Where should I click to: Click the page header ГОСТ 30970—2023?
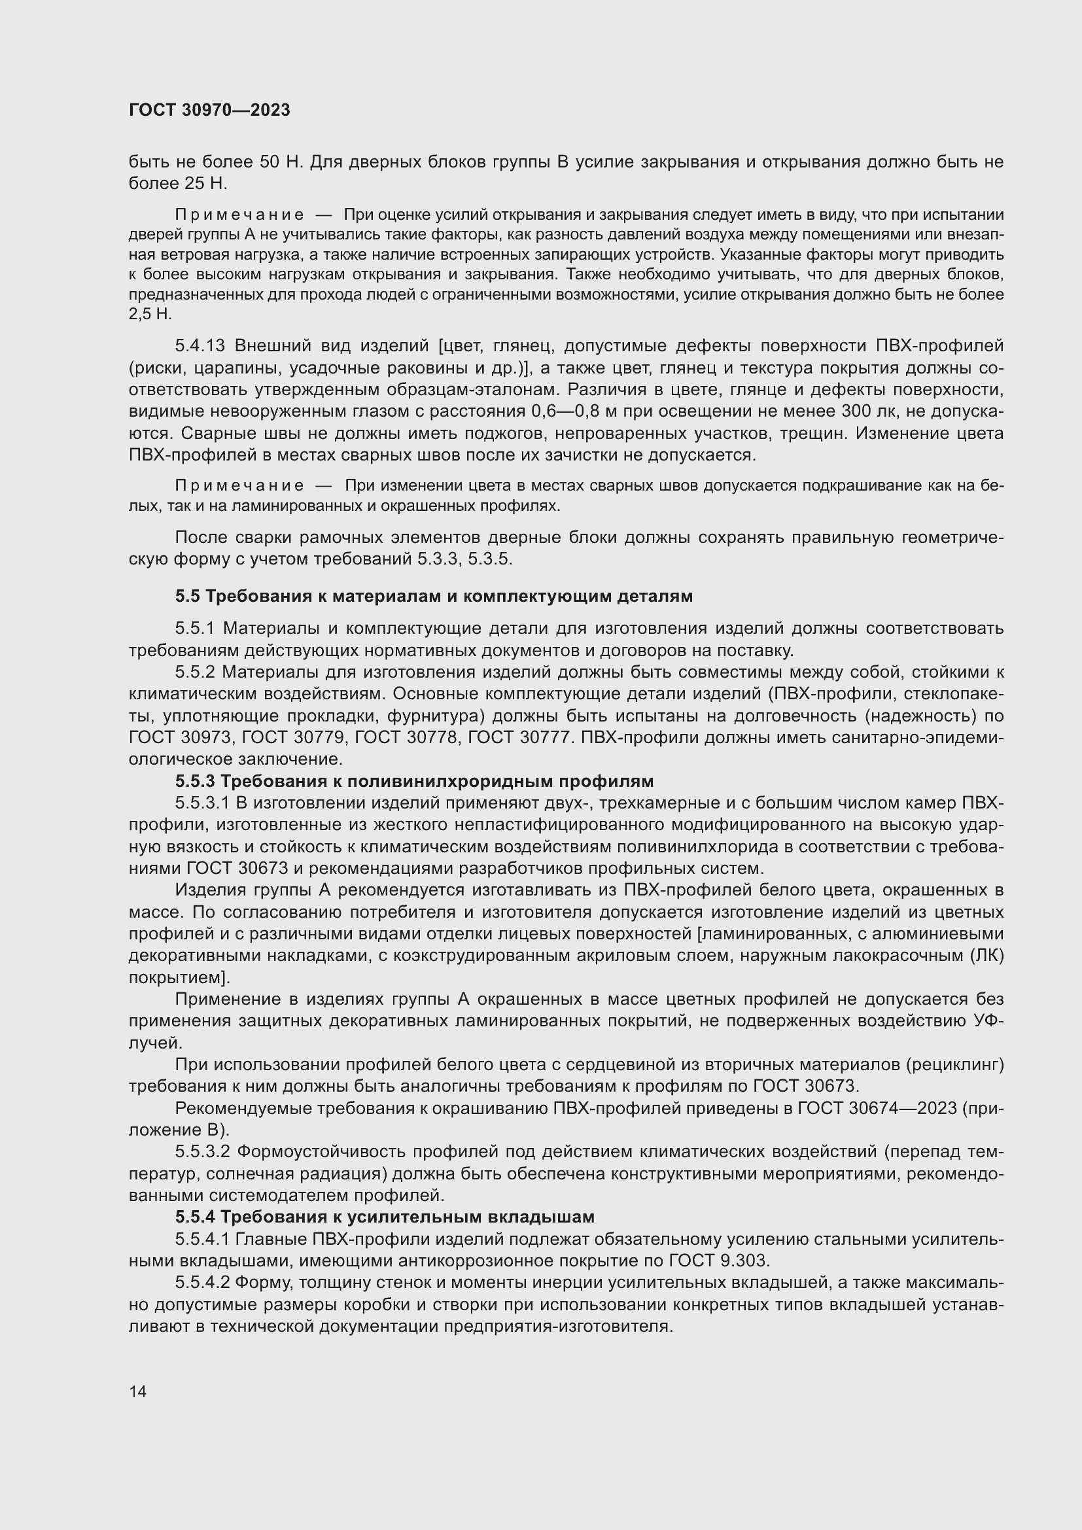tap(209, 111)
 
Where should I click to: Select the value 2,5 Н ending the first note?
tap(150, 314)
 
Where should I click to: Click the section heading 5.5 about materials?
tap(434, 597)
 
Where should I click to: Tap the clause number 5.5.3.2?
tap(203, 1151)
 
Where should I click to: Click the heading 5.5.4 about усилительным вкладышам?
tap(385, 1217)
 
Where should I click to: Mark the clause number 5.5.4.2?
tap(203, 1283)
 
